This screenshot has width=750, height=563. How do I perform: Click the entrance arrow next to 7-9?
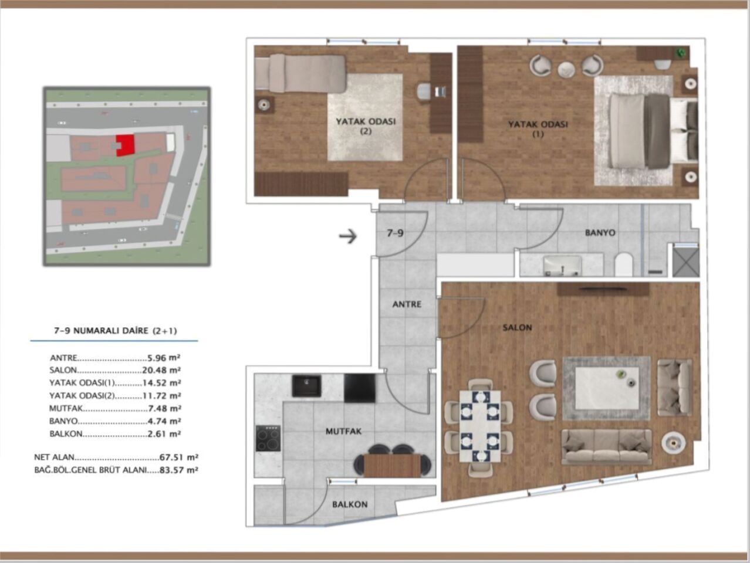pos(348,236)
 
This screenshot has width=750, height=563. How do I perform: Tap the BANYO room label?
pos(600,233)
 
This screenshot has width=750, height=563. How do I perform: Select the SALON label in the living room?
pos(517,328)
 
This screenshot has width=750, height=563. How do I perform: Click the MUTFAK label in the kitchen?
pos(343,431)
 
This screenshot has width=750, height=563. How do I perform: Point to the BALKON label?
pos(350,504)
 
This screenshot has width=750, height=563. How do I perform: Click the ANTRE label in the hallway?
pos(407,304)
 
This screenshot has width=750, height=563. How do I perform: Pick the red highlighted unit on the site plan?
pos(125,144)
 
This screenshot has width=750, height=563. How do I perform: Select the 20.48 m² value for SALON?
pos(161,370)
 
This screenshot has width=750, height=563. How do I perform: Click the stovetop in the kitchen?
pos(268,438)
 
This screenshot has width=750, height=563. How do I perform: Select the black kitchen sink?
pos(306,386)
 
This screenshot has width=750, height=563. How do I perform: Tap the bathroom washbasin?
pos(562,266)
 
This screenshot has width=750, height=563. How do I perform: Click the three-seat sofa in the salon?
pos(606,447)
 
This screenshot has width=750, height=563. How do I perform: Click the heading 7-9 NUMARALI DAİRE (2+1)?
pos(115,331)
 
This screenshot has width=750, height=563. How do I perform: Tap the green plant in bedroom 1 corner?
pos(681,53)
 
